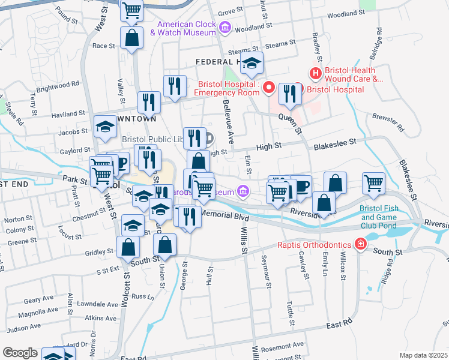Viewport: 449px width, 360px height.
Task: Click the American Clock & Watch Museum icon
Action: point(226,27)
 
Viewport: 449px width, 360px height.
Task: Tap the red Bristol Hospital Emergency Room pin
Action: point(269,88)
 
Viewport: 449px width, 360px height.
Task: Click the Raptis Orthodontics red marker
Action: point(360,244)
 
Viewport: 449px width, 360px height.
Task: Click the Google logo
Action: point(20,353)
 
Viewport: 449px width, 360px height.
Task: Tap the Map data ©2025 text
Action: point(423,355)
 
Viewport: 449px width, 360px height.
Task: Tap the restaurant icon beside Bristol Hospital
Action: point(291,93)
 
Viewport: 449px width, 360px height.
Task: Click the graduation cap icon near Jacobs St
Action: point(105,127)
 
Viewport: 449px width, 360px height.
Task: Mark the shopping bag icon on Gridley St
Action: point(129,247)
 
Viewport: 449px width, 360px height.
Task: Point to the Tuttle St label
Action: point(291,313)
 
